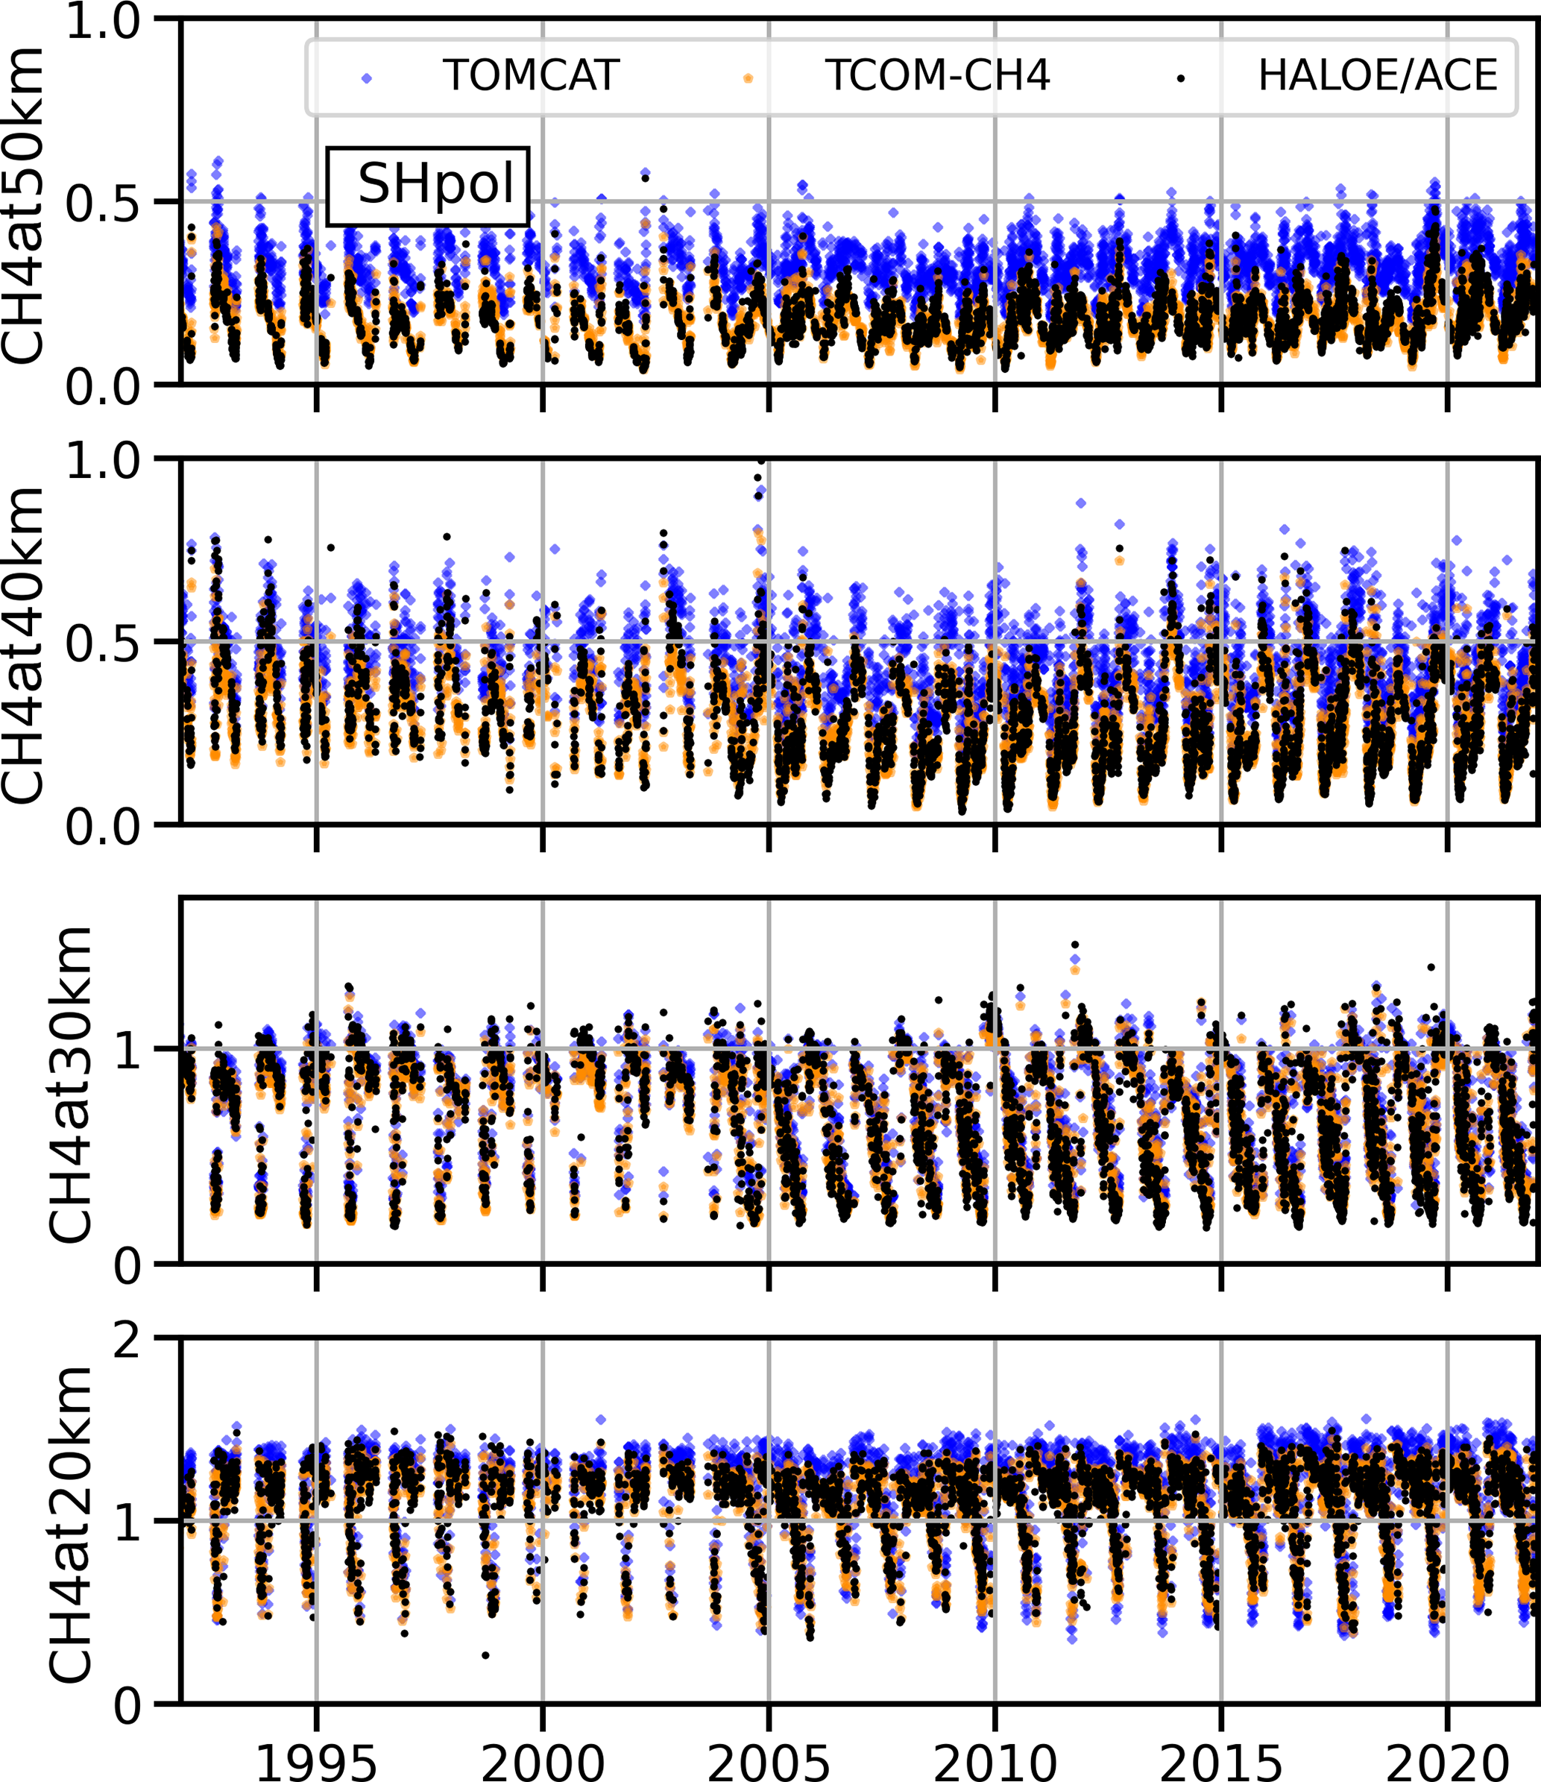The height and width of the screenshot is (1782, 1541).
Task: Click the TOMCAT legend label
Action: pyautogui.click(x=531, y=76)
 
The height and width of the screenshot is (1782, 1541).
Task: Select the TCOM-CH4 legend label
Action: pyautogui.click(x=937, y=76)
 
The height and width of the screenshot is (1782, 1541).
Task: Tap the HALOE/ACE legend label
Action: pyautogui.click(x=1378, y=76)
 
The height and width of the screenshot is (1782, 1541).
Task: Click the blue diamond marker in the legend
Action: pyautogui.click(x=368, y=78)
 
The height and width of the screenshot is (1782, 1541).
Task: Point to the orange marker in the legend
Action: pyautogui.click(x=749, y=78)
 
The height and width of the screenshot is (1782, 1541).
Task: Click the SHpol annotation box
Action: pyautogui.click(x=427, y=186)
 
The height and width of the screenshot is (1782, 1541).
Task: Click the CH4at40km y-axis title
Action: pyautogui.click(x=22, y=644)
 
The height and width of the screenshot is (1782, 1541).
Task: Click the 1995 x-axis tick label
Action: pyautogui.click(x=316, y=1760)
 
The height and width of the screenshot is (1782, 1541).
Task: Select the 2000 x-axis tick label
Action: pyautogui.click(x=543, y=1760)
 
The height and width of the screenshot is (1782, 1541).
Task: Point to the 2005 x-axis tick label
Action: pyautogui.click(x=769, y=1760)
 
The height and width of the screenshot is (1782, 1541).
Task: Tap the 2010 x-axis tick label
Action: pyautogui.click(x=995, y=1760)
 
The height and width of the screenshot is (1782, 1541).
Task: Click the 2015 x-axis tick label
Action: pyautogui.click(x=1221, y=1760)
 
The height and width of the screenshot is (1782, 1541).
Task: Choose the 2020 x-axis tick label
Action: pyautogui.click(x=1447, y=1760)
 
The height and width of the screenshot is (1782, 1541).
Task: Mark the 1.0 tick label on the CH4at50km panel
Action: pyautogui.click(x=103, y=21)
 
